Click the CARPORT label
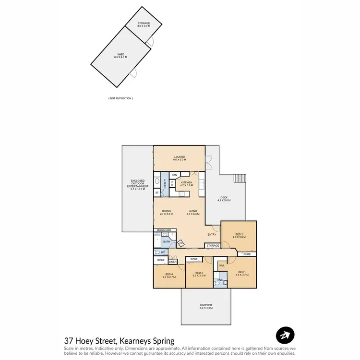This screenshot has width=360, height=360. [205, 306]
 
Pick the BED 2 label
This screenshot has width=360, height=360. [239, 235]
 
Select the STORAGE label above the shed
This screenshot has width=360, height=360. [144, 24]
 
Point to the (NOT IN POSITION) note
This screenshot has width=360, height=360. [120, 98]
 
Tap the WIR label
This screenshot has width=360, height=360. [222, 265]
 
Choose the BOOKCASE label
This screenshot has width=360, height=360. [164, 230]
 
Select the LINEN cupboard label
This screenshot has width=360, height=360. [173, 262]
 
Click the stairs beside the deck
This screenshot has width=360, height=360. [240, 178]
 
